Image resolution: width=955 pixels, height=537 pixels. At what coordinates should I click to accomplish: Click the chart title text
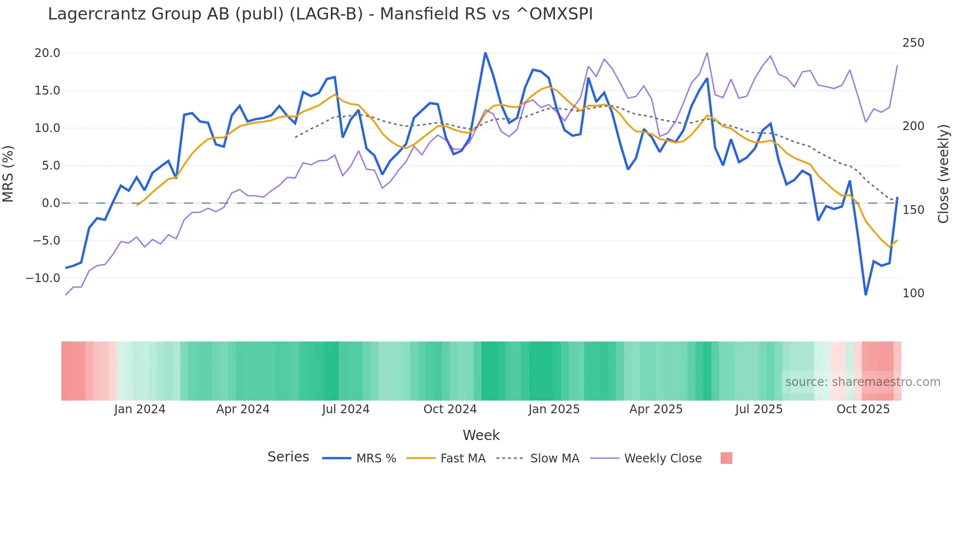[320, 14]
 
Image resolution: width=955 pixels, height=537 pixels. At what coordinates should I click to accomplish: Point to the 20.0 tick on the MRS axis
[47, 53]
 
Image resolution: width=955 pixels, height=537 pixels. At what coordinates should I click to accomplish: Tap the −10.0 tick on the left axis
[43, 278]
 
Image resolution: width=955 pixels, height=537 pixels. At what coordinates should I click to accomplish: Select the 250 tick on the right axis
[913, 43]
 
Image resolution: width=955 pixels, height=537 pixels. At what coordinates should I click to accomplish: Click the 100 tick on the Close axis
[913, 293]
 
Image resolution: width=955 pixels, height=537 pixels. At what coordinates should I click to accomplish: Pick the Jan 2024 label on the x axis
[140, 409]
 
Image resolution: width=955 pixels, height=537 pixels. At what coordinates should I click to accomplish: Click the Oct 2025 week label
[863, 409]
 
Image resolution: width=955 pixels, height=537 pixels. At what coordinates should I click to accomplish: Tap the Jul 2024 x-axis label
[345, 409]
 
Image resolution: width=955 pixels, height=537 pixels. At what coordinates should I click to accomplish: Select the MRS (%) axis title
[8, 173]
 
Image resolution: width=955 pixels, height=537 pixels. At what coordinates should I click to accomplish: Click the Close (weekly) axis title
[943, 173]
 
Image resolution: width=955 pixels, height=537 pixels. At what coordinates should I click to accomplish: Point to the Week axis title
[481, 435]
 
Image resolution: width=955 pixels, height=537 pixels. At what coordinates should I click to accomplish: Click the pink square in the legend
[726, 458]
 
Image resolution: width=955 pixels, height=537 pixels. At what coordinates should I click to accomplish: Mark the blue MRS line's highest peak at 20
[485, 53]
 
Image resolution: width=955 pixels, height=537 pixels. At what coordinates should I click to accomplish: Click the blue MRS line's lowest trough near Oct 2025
[866, 294]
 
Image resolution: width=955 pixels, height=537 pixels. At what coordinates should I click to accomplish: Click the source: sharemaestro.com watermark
[862, 382]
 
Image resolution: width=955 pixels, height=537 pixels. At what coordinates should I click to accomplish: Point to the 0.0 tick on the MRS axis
[51, 203]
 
